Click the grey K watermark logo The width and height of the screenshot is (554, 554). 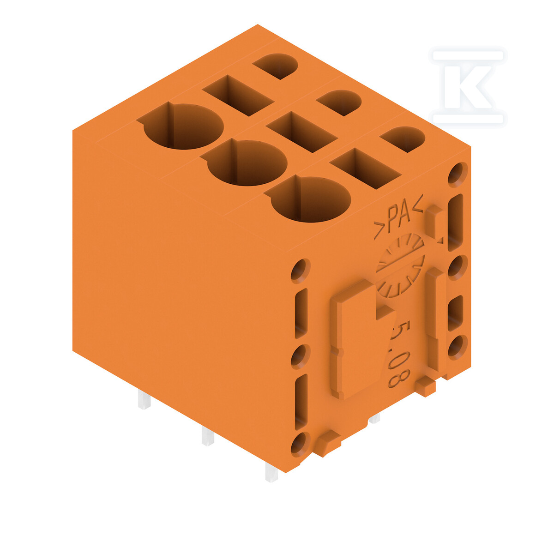[468, 87]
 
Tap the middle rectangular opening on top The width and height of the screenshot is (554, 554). [301, 132]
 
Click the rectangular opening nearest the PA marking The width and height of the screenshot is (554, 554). [365, 169]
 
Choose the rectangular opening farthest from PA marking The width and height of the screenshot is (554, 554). [238, 96]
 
